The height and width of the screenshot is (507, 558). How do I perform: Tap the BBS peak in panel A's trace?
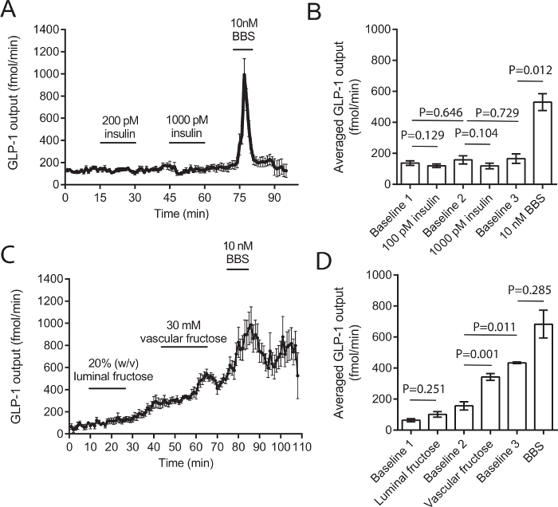[244, 76]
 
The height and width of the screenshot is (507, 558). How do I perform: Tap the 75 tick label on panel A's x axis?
[238, 196]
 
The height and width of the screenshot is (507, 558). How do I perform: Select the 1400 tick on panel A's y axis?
[45, 29]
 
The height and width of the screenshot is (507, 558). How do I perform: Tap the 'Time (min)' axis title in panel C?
[183, 462]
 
